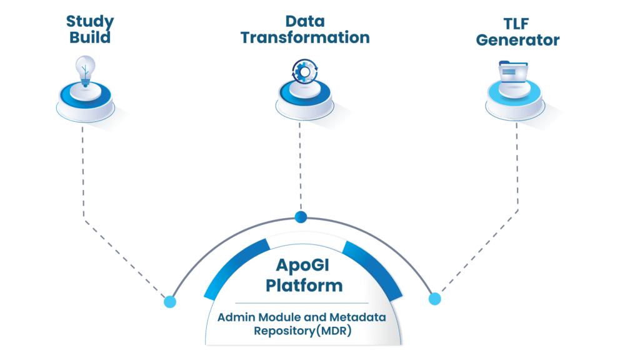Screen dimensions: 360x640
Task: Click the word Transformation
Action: (304, 37)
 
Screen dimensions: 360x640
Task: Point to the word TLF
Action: (517, 23)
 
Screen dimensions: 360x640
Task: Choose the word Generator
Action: (517, 40)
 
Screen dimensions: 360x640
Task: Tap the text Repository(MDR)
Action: (302, 331)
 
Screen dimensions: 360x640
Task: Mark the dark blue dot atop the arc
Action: (301, 217)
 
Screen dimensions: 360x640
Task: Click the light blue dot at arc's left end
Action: (169, 302)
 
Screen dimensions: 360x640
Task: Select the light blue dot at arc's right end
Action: (434, 298)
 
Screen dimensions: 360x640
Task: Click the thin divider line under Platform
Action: (302, 303)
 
